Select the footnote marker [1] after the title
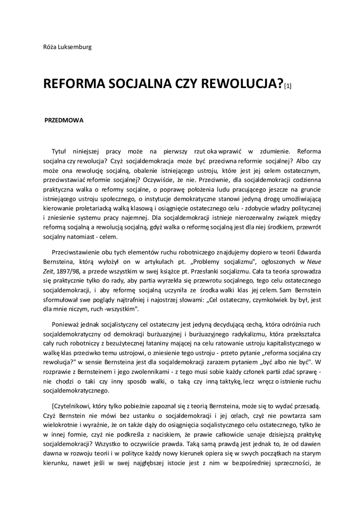288,87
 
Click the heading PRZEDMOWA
64,121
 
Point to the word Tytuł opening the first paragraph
59,151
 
